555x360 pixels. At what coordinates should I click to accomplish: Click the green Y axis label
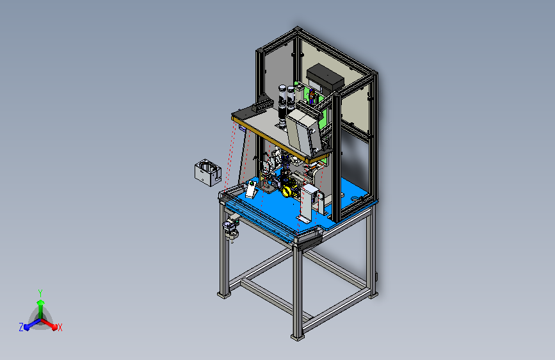click(x=40, y=293)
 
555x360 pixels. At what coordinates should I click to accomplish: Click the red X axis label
click(x=60, y=327)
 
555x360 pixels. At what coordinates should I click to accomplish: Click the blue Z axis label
click(x=21, y=327)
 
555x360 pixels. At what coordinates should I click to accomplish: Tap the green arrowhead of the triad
click(x=41, y=302)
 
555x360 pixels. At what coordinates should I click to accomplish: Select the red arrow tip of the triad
click(x=54, y=327)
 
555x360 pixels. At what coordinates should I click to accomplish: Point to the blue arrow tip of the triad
click(x=27, y=327)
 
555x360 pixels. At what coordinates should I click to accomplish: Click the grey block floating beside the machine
click(x=208, y=172)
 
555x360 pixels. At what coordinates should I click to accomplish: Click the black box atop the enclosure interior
click(x=325, y=77)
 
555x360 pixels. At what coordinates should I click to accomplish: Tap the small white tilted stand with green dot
click(x=252, y=189)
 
